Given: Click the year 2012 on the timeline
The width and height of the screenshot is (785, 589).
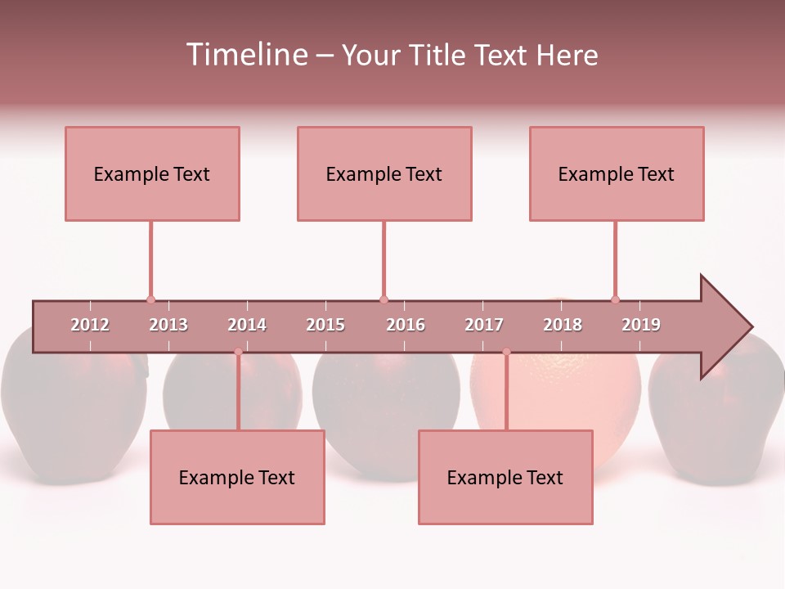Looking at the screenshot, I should click(90, 325).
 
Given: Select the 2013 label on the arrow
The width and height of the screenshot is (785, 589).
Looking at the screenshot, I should click(168, 325).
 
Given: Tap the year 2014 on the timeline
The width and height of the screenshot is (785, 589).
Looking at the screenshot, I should click(247, 325).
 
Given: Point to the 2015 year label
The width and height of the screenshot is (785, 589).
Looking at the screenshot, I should click(325, 325).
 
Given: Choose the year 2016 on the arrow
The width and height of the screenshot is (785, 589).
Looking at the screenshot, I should click(406, 325).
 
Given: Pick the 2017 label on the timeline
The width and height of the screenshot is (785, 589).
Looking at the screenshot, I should click(484, 325).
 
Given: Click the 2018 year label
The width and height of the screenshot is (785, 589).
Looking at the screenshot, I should click(563, 325).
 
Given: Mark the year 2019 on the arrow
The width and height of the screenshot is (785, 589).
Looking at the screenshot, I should click(641, 325).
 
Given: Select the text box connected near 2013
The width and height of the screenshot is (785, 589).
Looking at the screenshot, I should click(152, 173).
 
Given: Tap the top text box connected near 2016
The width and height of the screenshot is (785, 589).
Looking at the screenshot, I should click(384, 173).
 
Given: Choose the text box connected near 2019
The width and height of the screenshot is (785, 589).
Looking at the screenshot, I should click(617, 173).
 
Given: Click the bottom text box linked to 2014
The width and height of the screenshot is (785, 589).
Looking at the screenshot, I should click(237, 477).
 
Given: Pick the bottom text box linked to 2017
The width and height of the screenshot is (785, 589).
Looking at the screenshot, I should click(505, 477).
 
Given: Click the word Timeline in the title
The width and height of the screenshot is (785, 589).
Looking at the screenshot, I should click(244, 55).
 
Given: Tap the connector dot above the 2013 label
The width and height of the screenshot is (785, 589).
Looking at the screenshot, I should click(150, 299).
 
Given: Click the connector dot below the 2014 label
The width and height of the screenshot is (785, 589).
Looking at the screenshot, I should click(238, 352).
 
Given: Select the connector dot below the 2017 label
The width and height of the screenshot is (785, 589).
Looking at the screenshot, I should click(506, 352).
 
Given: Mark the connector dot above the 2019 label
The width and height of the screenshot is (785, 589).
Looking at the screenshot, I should click(615, 299).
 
